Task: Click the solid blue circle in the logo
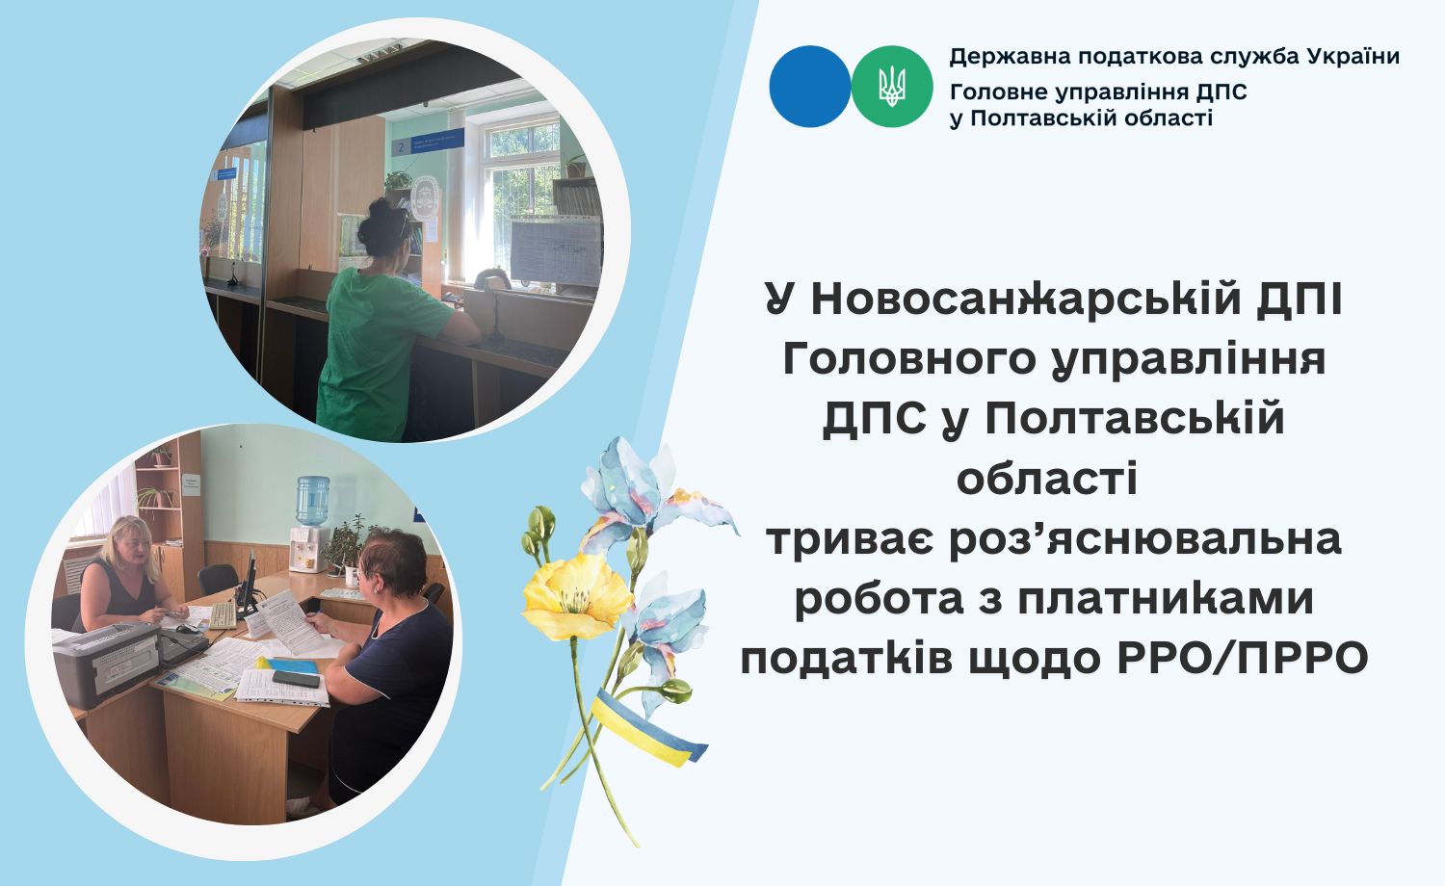(x=809, y=87)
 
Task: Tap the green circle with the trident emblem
(x=892, y=87)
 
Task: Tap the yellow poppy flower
(x=577, y=594)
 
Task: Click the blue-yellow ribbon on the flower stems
(x=645, y=729)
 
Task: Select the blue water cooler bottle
(x=312, y=501)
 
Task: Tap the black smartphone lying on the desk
(x=296, y=678)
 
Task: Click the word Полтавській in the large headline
(x=1135, y=420)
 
